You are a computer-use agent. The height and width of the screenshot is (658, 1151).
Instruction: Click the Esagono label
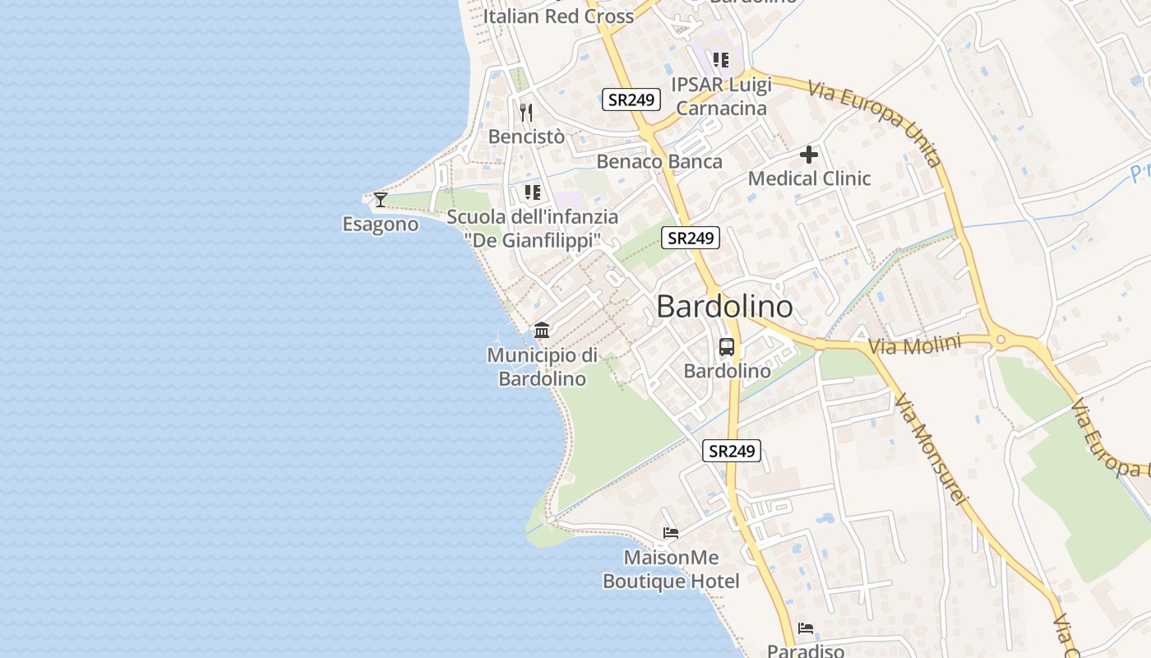click(380, 225)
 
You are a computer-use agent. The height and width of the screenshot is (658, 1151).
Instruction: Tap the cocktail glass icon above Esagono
click(380, 199)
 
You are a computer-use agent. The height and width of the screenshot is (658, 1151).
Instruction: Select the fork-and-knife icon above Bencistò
click(527, 112)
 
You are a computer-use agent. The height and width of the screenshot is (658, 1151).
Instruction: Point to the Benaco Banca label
click(659, 161)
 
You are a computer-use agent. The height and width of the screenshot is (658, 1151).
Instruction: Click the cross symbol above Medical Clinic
click(809, 154)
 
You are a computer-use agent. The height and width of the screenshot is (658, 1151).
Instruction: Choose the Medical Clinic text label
click(809, 178)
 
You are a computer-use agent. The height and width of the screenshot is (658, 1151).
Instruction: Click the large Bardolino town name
click(724, 307)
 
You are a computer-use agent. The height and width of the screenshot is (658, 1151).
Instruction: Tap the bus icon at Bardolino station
click(727, 347)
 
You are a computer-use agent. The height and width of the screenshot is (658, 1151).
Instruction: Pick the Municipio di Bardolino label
click(543, 367)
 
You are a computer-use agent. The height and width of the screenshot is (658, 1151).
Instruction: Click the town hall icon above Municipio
click(542, 331)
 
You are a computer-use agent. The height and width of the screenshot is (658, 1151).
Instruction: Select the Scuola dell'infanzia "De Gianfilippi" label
click(532, 229)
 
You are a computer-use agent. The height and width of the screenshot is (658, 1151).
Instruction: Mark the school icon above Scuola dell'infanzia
click(532, 192)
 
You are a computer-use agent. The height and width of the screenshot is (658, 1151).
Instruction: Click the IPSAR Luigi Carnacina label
click(721, 96)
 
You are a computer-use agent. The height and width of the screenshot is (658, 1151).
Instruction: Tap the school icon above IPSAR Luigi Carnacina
click(721, 59)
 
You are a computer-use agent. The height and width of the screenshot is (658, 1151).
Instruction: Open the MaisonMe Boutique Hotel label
click(671, 569)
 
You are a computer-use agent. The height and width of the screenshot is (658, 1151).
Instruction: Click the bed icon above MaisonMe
click(671, 533)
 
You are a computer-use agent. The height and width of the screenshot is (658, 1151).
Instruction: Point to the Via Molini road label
click(914, 345)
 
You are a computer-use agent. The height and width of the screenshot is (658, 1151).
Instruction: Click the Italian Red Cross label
click(558, 16)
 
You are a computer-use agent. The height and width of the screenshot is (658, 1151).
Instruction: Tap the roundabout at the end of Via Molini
click(1001, 339)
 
